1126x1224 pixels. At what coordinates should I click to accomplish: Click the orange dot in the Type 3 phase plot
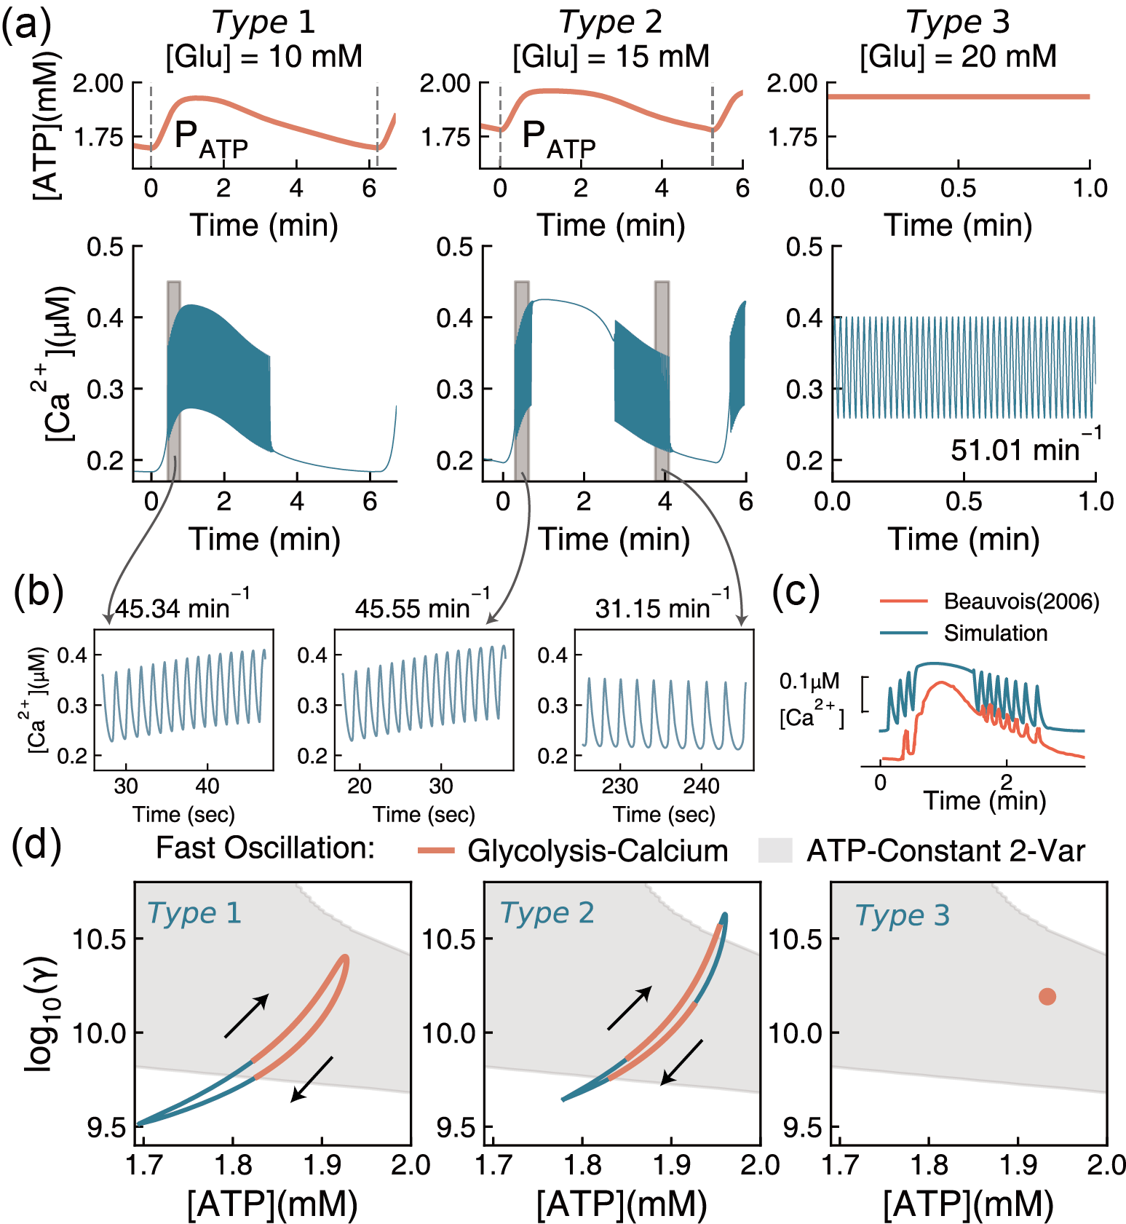[1047, 997]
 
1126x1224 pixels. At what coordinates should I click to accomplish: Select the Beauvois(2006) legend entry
[1021, 601]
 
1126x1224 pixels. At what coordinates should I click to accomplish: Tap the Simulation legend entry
[996, 633]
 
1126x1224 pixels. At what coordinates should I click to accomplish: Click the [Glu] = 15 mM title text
[611, 57]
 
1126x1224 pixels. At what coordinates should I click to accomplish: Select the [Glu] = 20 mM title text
[958, 57]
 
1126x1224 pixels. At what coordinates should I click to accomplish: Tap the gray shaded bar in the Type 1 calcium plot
[173, 379]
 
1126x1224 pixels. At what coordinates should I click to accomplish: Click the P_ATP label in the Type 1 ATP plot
[211, 138]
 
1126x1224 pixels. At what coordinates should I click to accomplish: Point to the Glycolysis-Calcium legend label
[598, 850]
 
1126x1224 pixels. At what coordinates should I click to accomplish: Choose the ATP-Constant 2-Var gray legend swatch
[774, 850]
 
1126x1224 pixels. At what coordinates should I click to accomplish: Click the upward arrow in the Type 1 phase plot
[247, 1015]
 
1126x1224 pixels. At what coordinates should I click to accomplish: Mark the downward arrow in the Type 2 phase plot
[681, 1062]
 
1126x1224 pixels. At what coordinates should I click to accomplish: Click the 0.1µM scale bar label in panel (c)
[809, 682]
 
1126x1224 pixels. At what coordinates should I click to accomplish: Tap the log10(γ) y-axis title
[42, 1012]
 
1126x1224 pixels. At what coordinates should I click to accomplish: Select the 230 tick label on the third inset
[619, 786]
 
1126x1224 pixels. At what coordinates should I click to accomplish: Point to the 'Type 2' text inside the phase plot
[547, 913]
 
